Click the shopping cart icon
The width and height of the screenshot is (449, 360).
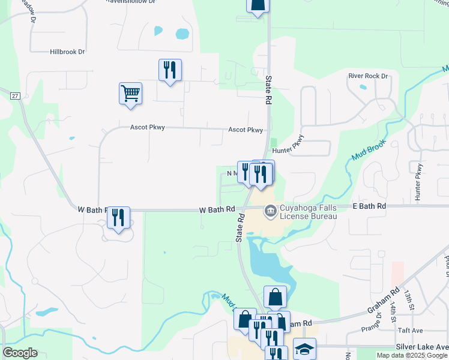pyautogui.click(x=130, y=94)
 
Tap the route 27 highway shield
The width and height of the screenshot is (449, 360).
pyautogui.click(x=15, y=95)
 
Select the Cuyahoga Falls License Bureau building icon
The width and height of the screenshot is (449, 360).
pyautogui.click(x=270, y=211)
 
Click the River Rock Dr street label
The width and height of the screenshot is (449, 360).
pyautogui.click(x=369, y=76)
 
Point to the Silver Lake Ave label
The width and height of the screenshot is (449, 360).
pyautogui.click(x=421, y=347)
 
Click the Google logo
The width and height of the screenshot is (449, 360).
pyautogui.click(x=20, y=353)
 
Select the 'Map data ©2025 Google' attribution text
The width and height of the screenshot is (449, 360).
pyautogui.click(x=412, y=355)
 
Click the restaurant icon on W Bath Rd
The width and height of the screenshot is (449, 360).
pyautogui.click(x=119, y=217)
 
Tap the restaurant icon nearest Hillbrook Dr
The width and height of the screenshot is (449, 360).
pyautogui.click(x=170, y=70)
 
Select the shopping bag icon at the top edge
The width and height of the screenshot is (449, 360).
pyautogui.click(x=258, y=6)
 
